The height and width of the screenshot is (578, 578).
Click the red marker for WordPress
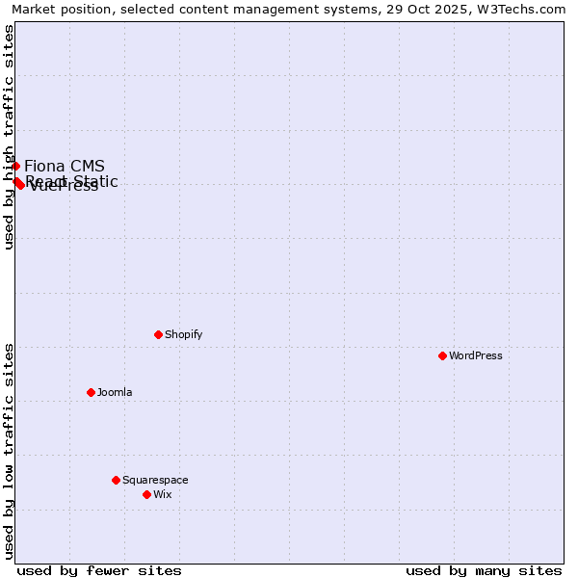442,355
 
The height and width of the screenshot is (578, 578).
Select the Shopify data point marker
158,334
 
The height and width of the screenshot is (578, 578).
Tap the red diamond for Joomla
91,392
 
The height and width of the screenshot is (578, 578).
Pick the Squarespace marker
116,480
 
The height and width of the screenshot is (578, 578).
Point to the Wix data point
146,494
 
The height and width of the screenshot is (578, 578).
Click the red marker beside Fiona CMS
15,166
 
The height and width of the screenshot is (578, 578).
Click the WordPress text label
476,355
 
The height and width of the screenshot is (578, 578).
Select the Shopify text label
183,334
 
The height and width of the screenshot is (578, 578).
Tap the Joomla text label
115,392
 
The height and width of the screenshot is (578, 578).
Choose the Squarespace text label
155,480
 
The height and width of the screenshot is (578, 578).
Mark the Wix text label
162,494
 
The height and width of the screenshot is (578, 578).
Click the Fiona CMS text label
65,166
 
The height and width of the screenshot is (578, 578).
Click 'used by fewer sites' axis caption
99,570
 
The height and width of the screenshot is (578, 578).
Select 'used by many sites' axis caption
484,570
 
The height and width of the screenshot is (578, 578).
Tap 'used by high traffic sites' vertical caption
9,137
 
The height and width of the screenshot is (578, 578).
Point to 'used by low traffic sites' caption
9,450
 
